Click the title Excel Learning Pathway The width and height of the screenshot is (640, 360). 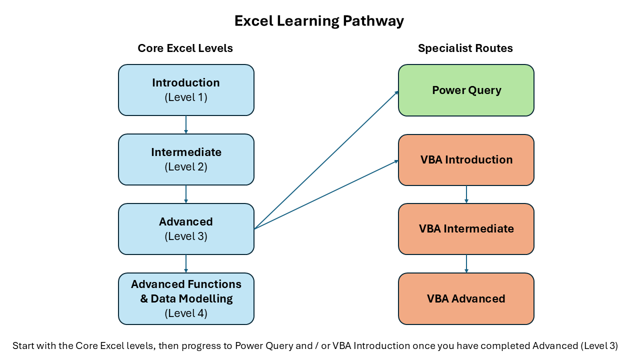click(319, 21)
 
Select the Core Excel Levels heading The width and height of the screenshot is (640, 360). click(185, 48)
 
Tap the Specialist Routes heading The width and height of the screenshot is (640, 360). click(465, 48)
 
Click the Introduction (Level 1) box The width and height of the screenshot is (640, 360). click(186, 90)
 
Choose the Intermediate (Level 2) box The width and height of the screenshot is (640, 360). click(186, 159)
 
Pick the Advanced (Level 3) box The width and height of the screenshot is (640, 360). click(186, 229)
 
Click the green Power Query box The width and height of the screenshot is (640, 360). click(466, 90)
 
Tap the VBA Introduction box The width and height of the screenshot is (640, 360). click(466, 160)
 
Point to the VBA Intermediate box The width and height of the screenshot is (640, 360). click(466, 229)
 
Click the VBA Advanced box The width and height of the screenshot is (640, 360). click(466, 298)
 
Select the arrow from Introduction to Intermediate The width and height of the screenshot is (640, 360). click(186, 125)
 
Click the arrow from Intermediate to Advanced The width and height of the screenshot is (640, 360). click(186, 194)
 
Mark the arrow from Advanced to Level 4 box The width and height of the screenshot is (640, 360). click(186, 264)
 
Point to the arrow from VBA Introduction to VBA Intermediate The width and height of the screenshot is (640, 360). click(466, 194)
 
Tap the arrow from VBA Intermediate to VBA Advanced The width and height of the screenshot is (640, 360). click(466, 264)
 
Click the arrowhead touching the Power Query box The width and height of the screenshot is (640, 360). click(396, 92)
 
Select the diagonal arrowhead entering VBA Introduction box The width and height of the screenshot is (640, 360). click(396, 161)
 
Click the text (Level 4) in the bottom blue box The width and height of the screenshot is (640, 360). click(186, 313)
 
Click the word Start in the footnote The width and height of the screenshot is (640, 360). click(22, 345)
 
